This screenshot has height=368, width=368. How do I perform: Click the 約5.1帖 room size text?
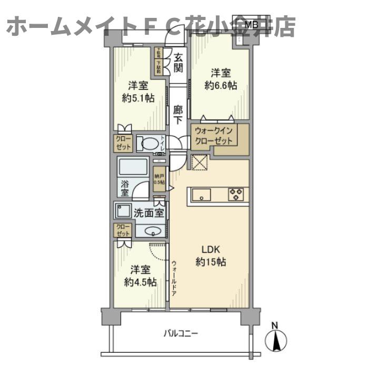(x=138, y=98)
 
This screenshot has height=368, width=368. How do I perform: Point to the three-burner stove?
(x=235, y=194)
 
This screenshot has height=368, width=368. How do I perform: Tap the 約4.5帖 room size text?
(x=140, y=282)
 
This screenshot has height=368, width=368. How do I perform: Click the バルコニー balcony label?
(x=181, y=333)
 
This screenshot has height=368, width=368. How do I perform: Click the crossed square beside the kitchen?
(x=200, y=164)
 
